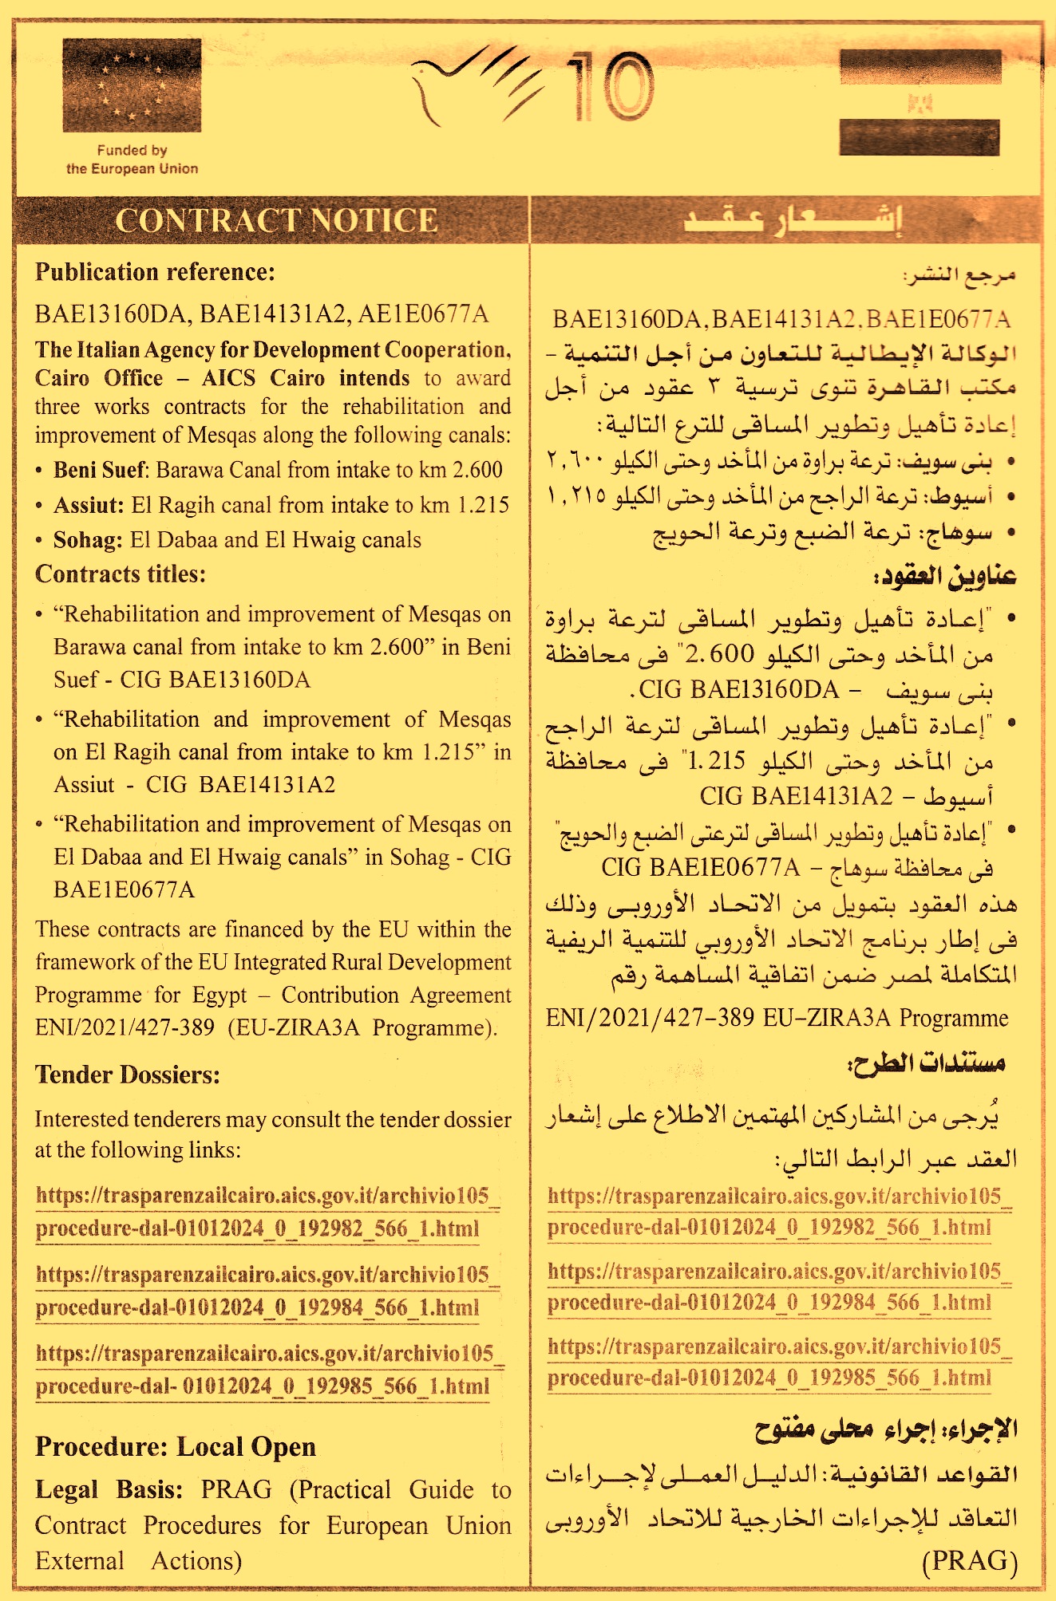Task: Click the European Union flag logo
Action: [132, 85]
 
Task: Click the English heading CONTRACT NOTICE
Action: [276, 221]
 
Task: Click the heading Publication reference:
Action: [155, 273]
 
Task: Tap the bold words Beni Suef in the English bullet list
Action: [100, 470]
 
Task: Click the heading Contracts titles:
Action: [121, 574]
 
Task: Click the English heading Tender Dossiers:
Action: [128, 1075]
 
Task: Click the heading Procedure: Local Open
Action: [176, 1446]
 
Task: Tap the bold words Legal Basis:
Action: [109, 1489]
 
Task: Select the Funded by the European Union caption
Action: [132, 160]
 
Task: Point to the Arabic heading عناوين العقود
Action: [946, 576]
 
